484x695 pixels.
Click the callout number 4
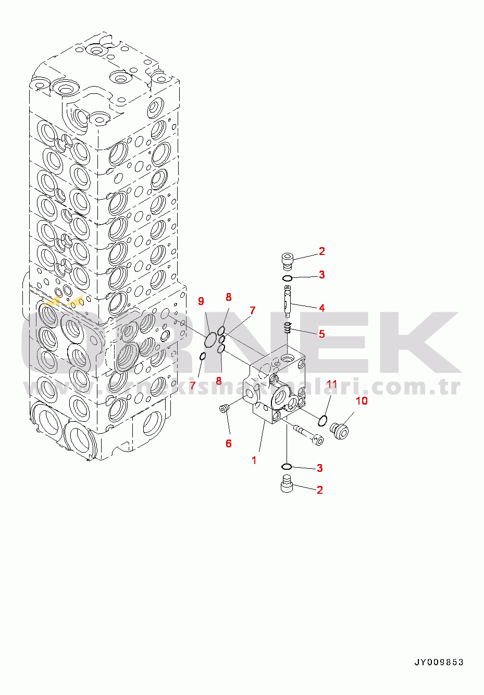tap(322, 308)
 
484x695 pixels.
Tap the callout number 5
tap(322, 334)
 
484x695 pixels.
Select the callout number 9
tap(201, 301)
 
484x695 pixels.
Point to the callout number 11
tap(332, 384)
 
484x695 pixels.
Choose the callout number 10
tap(362, 400)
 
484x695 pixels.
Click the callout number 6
tap(229, 443)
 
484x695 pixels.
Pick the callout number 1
tap(254, 460)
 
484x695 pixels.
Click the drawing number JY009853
tap(439, 663)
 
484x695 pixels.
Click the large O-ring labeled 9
tap(210, 339)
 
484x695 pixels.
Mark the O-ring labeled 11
tap(322, 420)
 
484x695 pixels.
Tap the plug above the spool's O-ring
tap(287, 259)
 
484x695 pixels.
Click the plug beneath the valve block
tap(287, 483)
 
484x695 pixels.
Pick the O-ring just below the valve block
tap(287, 466)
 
